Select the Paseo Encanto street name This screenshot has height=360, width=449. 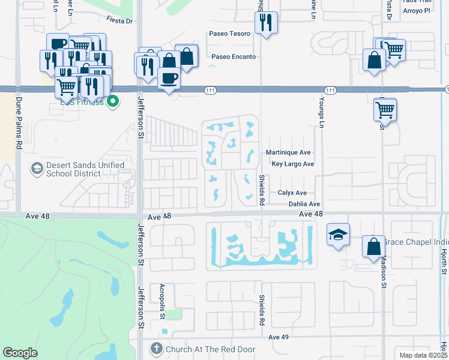pyautogui.click(x=234, y=57)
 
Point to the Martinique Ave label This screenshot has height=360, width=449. pyautogui.click(x=288, y=153)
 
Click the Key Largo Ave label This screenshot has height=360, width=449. pyautogui.click(x=293, y=164)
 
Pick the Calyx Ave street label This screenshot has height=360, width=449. pyautogui.click(x=292, y=193)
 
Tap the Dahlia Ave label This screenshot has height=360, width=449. pyautogui.click(x=304, y=205)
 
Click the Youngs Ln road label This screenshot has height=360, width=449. pyautogui.click(x=322, y=112)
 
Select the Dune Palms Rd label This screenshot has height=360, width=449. pyautogui.click(x=19, y=124)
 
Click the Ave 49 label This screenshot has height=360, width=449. pyautogui.click(x=279, y=337)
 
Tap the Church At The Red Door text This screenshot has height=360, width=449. pyautogui.click(x=211, y=349)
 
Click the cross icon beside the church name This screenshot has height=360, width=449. pyautogui.click(x=156, y=349)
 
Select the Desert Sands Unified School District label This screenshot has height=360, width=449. pyautogui.click(x=79, y=169)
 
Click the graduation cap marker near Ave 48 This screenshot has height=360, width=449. pyautogui.click(x=338, y=234)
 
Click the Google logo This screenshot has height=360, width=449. pyautogui.click(x=20, y=353)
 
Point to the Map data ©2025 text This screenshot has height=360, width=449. pyautogui.click(x=423, y=355)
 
